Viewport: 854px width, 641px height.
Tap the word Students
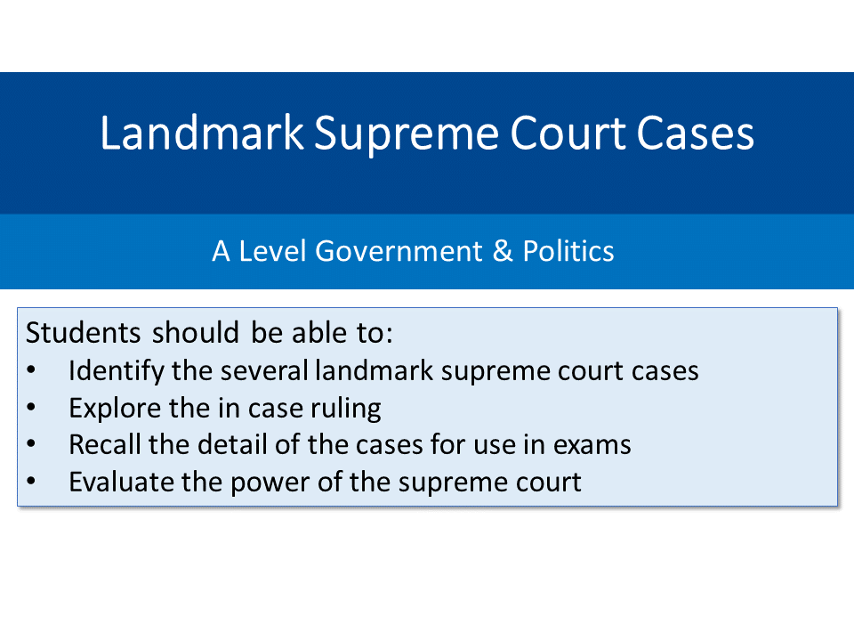tap(84, 333)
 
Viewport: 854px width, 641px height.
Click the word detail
tap(249, 444)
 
